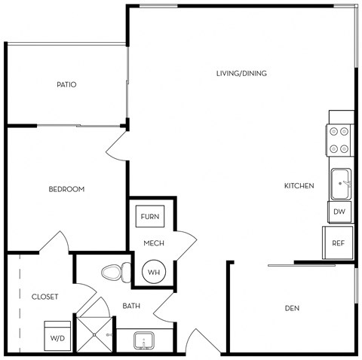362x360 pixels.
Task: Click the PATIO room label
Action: (x=66, y=84)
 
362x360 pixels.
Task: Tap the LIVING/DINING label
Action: (x=241, y=73)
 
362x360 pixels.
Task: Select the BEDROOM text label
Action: (x=66, y=189)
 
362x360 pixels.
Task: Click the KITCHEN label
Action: (x=299, y=185)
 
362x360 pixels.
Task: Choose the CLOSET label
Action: (x=45, y=296)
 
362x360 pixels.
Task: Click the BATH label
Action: (x=132, y=306)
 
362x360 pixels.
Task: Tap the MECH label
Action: (x=155, y=243)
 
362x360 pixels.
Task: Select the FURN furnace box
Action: (x=149, y=217)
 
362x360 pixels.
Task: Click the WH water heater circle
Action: (x=153, y=271)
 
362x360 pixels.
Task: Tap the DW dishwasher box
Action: (x=340, y=212)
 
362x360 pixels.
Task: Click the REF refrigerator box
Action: (x=339, y=243)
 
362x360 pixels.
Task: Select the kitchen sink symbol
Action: (x=341, y=182)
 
